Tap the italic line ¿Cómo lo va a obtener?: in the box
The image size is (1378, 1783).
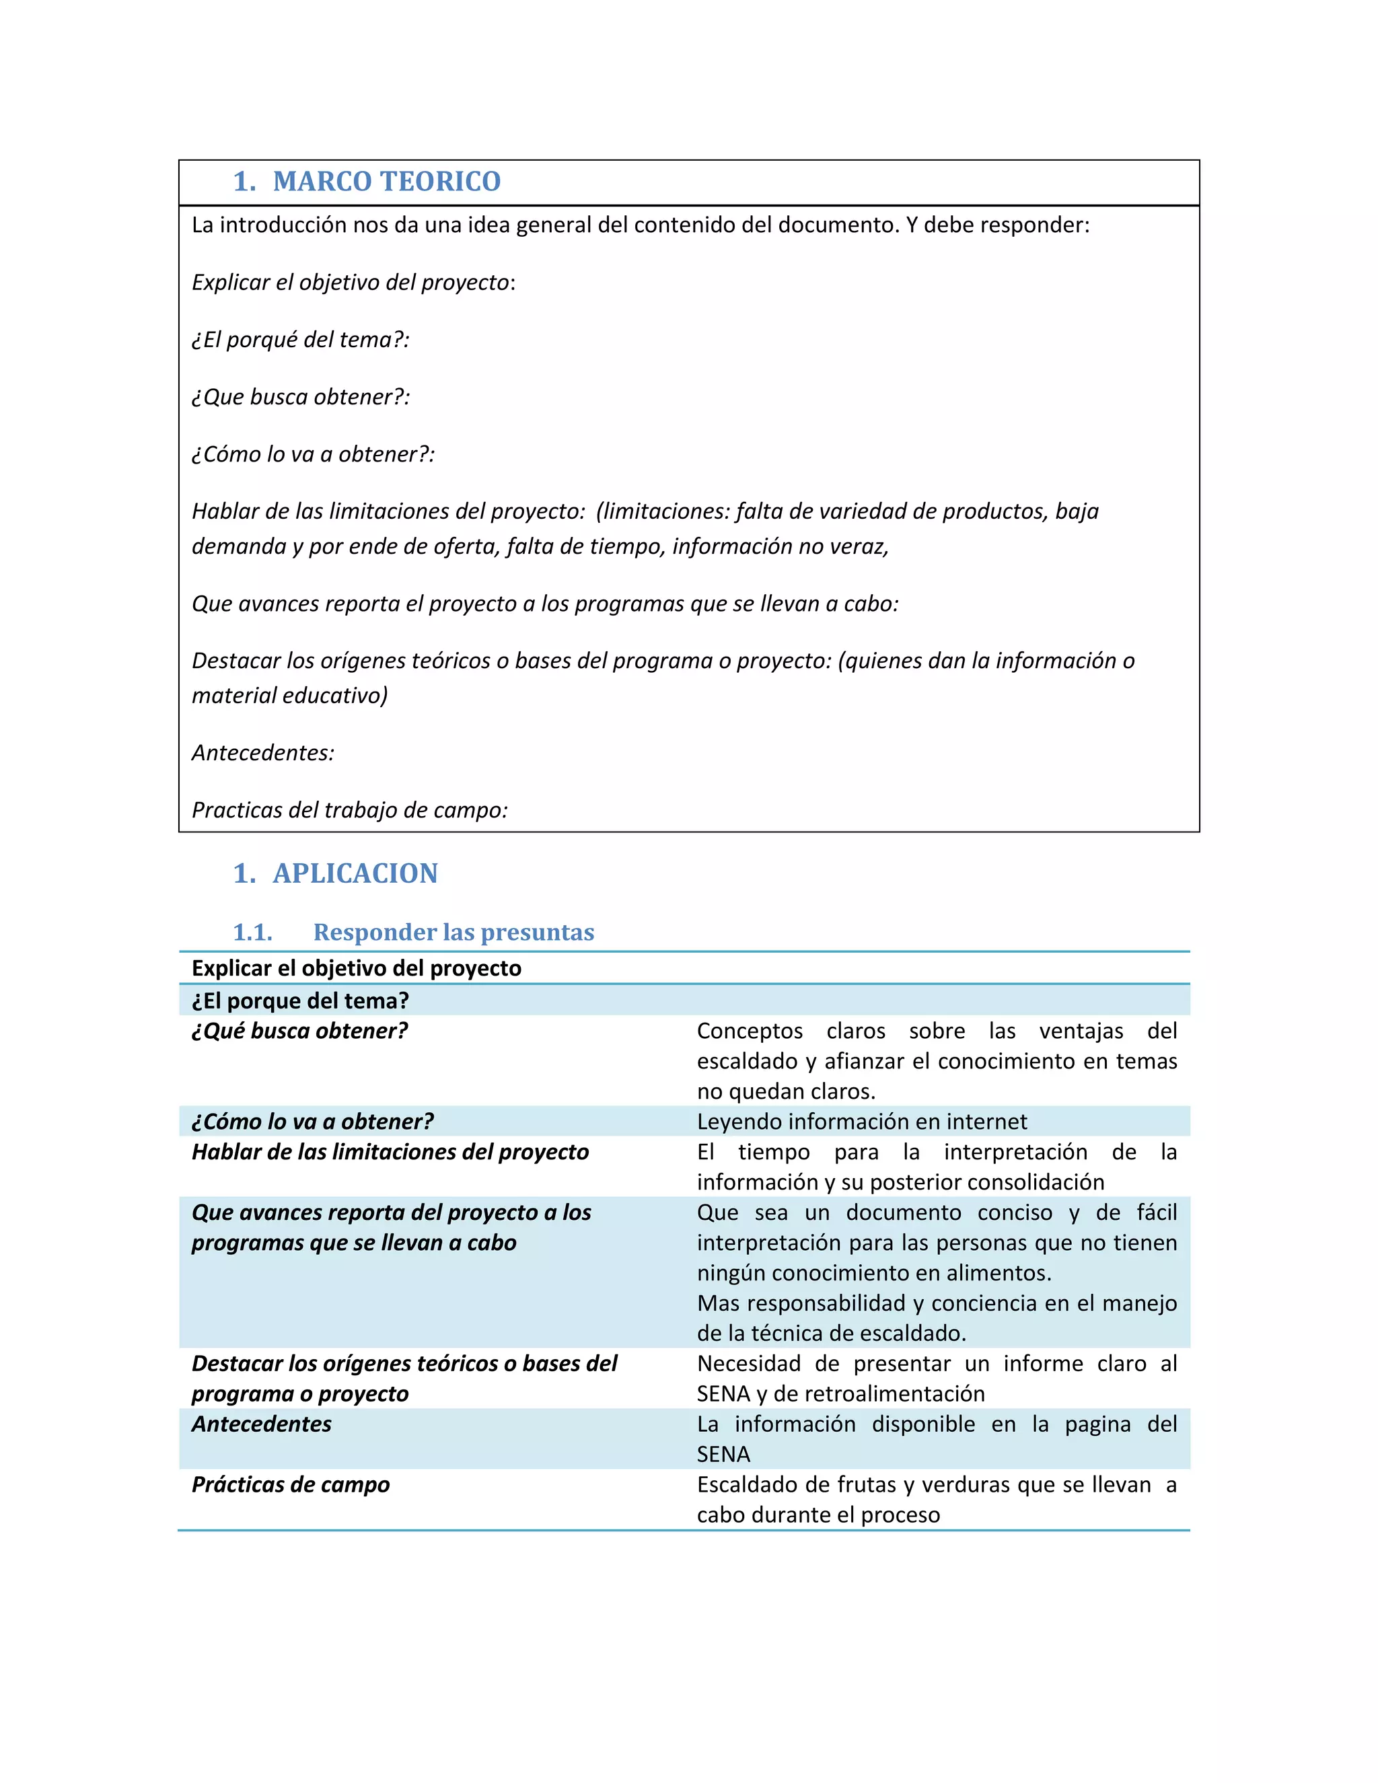pyautogui.click(x=313, y=454)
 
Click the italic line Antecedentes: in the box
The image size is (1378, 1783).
pyautogui.click(x=263, y=753)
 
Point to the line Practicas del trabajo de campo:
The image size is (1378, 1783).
pyautogui.click(x=349, y=810)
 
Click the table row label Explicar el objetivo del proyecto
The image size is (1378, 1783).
pyautogui.click(x=356, y=968)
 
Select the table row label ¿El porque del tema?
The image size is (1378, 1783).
pyautogui.click(x=299, y=1001)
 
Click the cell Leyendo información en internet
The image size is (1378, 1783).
pyautogui.click(x=861, y=1122)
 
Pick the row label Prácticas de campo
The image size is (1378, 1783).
pyautogui.click(x=291, y=1484)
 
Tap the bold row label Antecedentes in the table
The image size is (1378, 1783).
pyautogui.click(x=261, y=1424)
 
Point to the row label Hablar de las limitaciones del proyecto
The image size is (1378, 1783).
pyautogui.click(x=390, y=1152)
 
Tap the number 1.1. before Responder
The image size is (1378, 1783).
pyautogui.click(x=252, y=933)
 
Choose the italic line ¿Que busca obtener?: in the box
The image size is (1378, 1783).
pyautogui.click(x=300, y=397)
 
